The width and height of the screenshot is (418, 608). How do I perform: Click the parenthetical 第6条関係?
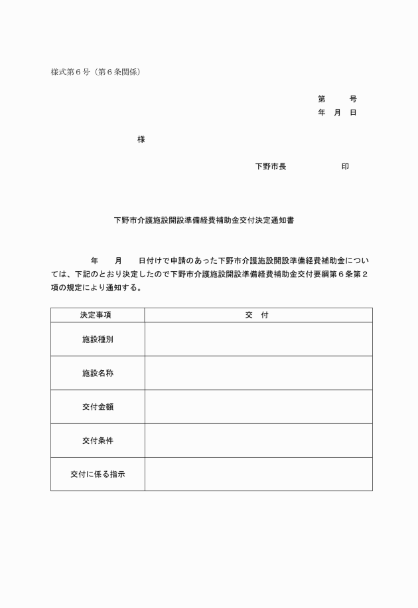119,72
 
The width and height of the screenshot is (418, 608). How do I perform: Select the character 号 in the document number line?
353,99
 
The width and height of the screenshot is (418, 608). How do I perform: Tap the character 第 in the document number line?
322,99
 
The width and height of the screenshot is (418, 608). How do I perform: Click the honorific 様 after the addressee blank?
141,139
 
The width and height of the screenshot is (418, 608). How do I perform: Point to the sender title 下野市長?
271,166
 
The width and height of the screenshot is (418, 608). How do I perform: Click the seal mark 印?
345,166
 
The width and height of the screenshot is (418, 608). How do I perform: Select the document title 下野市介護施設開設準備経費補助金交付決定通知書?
204,220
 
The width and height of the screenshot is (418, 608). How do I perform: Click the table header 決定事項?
98,315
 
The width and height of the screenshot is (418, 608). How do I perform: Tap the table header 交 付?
257,315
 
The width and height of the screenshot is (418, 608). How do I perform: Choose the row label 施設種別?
98,340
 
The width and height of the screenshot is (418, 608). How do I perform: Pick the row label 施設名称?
98,373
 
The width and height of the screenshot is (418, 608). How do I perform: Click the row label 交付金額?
98,407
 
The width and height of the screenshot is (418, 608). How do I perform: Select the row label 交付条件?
98,441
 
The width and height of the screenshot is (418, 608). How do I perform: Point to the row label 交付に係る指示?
98,474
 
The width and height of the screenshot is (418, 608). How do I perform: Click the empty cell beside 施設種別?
258,340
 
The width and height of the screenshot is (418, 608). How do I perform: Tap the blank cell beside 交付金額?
258,407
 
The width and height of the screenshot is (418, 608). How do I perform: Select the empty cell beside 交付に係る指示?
258,474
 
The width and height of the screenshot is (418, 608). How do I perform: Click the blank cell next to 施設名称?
258,373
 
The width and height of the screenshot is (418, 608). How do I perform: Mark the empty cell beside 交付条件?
258,441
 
